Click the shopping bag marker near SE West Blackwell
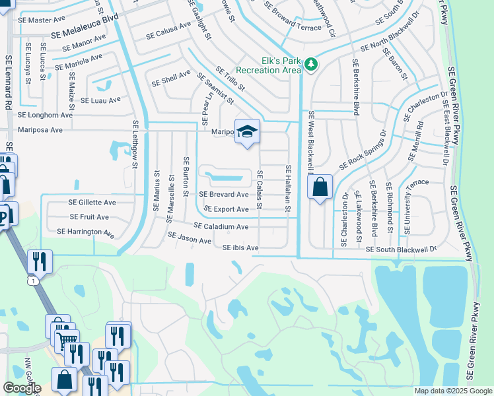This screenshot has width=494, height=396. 320,188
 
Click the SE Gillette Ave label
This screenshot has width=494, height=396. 92,202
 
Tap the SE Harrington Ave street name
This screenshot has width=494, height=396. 86,232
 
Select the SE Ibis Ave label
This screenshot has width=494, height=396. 240,248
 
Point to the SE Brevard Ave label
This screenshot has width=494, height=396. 224,195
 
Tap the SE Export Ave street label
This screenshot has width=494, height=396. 226,209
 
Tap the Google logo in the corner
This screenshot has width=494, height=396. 21,388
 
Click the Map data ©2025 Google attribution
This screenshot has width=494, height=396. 453,391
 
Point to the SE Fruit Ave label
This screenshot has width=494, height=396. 88,216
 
